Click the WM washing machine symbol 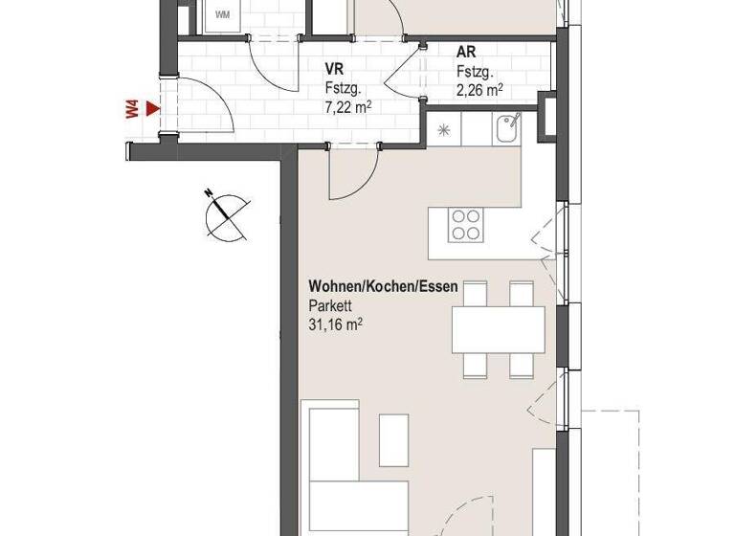[222, 14]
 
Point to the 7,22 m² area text [348, 106]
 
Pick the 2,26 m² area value [479, 92]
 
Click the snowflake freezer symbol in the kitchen [444, 129]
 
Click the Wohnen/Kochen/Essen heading [383, 286]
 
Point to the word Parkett [329, 306]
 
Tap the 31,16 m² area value [335, 325]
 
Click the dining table [498, 329]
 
